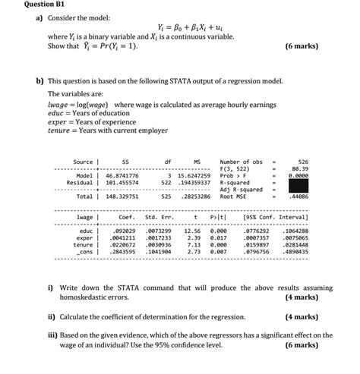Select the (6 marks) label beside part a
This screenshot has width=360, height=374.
pyautogui.click(x=302, y=46)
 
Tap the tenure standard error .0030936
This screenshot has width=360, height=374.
pyautogui.click(x=158, y=244)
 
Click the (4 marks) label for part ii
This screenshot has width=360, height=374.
pyautogui.click(x=302, y=316)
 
